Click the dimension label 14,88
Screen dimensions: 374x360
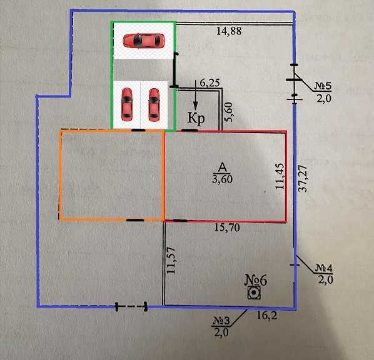pos(229,31)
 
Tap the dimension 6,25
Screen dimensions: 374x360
pos(210,83)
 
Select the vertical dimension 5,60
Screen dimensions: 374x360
pos(228,112)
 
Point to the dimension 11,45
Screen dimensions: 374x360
pos(280,176)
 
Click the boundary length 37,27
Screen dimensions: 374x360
pos(303,178)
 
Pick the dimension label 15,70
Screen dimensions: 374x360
pos(227,227)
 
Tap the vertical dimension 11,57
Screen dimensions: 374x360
pos(171,261)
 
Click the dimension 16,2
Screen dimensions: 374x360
pos(267,316)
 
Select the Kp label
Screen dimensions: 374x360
pos(196,118)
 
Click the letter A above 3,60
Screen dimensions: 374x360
pos(223,167)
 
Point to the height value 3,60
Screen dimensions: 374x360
pos(222,179)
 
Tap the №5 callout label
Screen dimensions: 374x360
pos(323,86)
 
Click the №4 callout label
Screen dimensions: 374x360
pos(324,268)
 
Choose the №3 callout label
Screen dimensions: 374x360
pos(221,321)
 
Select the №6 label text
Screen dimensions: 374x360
pos(256,281)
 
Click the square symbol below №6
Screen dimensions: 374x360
pos(254,292)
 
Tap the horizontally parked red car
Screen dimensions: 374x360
pos(144,41)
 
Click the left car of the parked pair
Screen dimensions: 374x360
pos(127,104)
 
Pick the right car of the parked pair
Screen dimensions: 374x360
pos(154,104)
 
